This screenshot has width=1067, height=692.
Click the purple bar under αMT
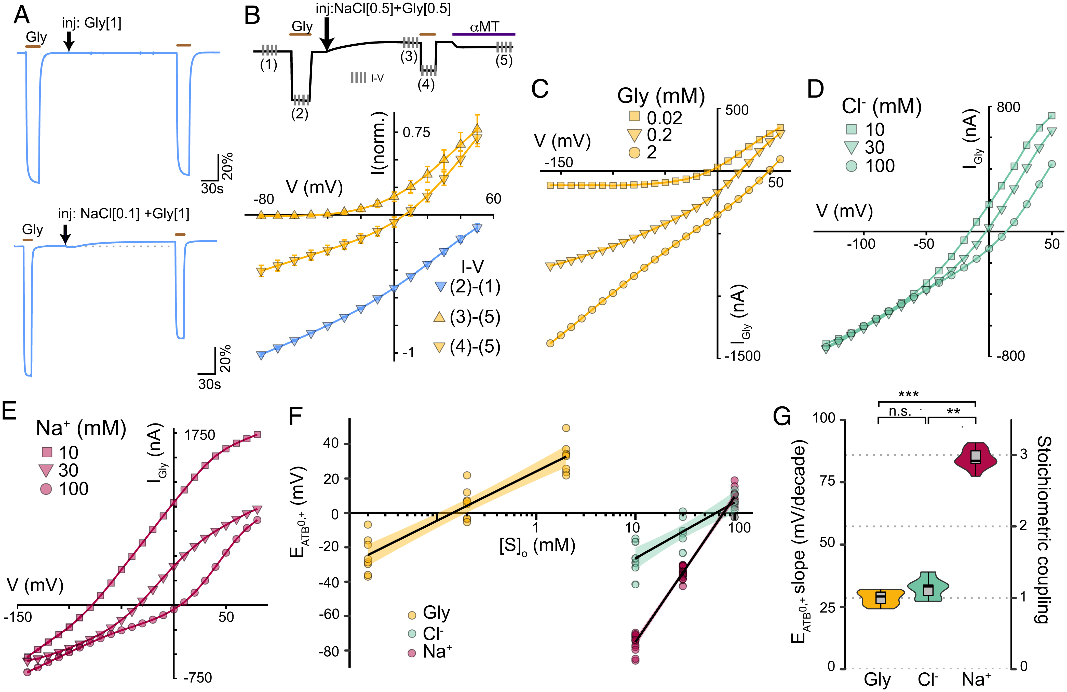pos(484,34)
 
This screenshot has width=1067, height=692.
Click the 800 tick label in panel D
pos(1009,107)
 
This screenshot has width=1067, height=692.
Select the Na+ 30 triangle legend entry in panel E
pos(58,470)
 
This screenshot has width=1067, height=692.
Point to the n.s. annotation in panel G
pos(900,411)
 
